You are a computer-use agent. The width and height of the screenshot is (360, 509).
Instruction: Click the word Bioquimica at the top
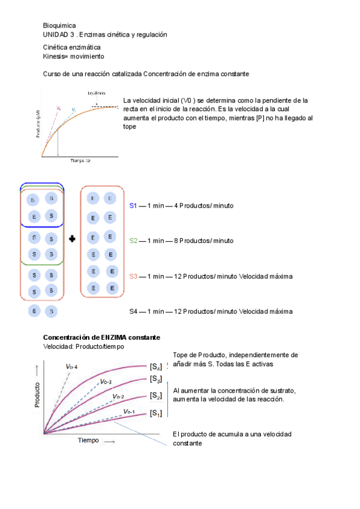[59, 25]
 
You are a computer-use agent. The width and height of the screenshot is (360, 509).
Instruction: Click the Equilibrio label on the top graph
[96, 93]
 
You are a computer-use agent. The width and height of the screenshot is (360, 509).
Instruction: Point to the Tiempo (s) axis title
[80, 161]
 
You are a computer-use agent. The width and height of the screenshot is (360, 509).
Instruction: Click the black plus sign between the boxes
[72, 239]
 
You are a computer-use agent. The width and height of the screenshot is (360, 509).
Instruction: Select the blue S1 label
[133, 206]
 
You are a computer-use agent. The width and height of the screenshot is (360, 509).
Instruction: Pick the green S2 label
[133, 241]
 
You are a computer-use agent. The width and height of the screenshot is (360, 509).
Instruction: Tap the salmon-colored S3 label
[133, 277]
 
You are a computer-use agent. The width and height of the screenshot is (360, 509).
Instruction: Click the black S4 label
[133, 312]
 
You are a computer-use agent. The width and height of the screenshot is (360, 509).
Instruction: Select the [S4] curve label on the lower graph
[155, 366]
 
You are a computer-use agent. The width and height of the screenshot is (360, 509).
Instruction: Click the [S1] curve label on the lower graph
[155, 413]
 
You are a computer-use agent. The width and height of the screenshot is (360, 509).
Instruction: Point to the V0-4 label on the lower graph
[71, 366]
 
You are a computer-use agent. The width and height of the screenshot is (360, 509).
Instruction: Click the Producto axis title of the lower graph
[38, 394]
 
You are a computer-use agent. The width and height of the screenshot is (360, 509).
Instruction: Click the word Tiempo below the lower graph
[87, 441]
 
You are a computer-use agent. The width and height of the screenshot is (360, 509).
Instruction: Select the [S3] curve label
[155, 379]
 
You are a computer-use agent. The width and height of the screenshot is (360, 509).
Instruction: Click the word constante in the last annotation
[187, 444]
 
